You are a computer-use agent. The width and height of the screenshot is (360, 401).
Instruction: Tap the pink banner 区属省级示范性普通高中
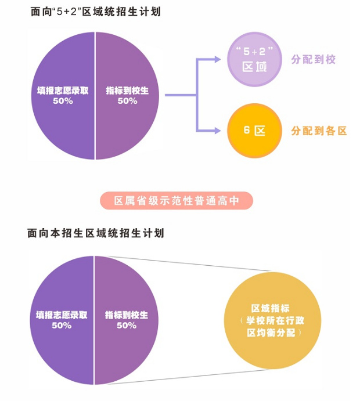point(176,201)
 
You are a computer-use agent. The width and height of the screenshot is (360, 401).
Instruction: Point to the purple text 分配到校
point(313,60)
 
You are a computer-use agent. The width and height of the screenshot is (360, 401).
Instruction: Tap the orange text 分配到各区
point(319,131)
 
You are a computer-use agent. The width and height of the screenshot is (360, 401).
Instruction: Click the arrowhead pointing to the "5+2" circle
point(217,60)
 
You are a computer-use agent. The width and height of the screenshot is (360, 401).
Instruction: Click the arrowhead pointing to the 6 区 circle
point(217,131)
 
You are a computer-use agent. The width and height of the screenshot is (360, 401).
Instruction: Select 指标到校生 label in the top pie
point(127,91)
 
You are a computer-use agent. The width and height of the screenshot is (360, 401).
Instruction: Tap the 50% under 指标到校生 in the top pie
point(127,101)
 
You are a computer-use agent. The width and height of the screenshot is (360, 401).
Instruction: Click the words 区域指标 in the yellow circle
point(271,309)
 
